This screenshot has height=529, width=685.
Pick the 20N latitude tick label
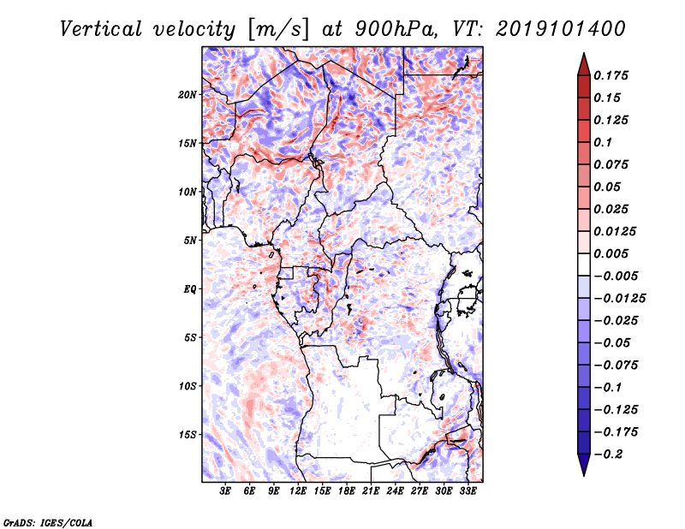click(x=188, y=94)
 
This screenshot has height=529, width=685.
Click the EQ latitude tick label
click(x=191, y=289)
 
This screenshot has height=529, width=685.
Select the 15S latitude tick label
click(x=188, y=435)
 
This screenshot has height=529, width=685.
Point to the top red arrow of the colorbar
click(x=583, y=62)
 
